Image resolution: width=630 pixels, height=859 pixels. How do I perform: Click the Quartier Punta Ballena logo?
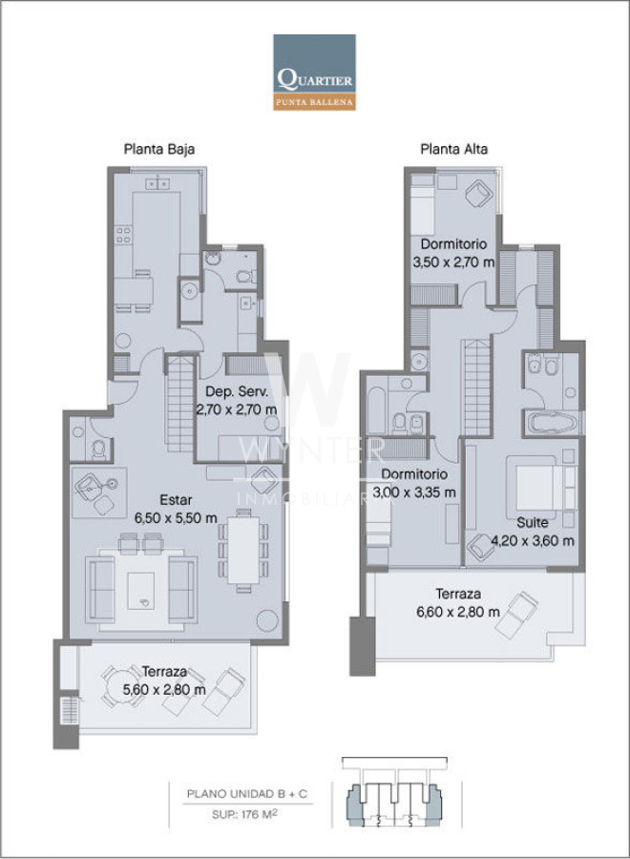[x=314, y=73]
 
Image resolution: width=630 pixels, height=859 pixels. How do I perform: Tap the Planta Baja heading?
[x=159, y=149]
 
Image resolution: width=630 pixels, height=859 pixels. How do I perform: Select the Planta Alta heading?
[x=453, y=149]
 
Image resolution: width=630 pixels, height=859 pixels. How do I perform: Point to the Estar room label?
[x=176, y=499]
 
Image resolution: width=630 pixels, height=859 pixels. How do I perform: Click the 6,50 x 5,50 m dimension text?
[x=176, y=517]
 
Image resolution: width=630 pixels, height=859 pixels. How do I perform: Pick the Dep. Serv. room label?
[x=237, y=391]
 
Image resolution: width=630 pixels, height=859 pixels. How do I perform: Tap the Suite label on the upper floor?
[x=532, y=523]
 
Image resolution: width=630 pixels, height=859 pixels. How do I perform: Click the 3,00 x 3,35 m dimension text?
[x=414, y=492]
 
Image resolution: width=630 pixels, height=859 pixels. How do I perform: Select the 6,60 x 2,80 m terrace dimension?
[x=458, y=612]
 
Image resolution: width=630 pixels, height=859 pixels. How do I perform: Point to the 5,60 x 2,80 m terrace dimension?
[x=164, y=690]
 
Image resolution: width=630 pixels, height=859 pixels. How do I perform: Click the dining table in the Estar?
[x=243, y=550]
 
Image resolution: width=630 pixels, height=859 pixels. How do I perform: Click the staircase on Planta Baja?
[x=180, y=404]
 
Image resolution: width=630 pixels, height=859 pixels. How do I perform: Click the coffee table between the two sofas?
[x=140, y=591]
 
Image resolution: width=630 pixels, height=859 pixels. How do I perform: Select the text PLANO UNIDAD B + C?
[x=247, y=794]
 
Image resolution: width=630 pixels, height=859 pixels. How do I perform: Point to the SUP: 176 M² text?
[x=244, y=814]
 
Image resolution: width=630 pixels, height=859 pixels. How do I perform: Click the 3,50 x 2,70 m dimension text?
[x=453, y=262]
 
